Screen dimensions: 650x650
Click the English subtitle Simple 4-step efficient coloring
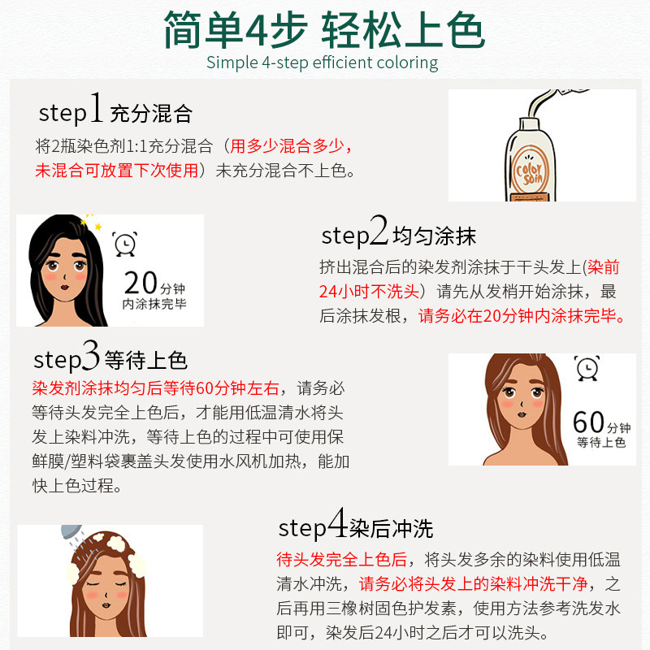[x=322, y=63]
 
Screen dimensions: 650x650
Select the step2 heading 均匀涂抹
[x=434, y=236]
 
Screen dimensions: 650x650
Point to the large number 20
[x=140, y=284]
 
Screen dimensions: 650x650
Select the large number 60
[x=588, y=422]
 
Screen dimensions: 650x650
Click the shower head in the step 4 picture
[x=71, y=536]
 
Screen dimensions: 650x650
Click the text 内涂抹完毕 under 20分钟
[x=154, y=305]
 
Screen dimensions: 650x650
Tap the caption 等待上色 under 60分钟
[x=600, y=443]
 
